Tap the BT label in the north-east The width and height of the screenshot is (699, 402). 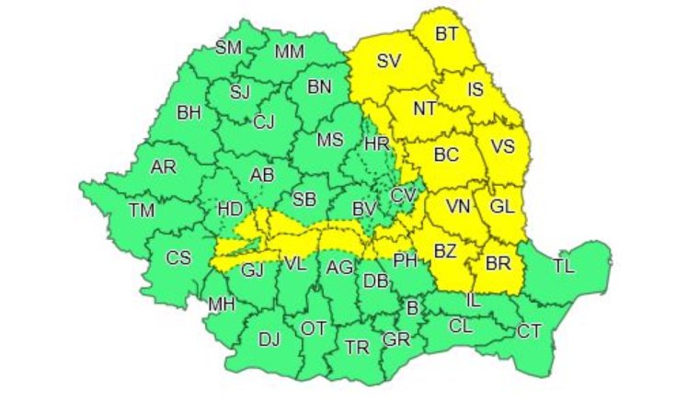[x=447, y=35]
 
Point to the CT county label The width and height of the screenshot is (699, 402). [x=529, y=330]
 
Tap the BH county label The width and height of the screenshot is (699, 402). [x=189, y=114]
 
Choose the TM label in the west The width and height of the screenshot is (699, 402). [x=142, y=210]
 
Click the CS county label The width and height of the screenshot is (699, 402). [x=178, y=258]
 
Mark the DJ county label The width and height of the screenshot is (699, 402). [x=269, y=339]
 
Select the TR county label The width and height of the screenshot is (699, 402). [x=356, y=347]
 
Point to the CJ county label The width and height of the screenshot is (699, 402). [x=264, y=121]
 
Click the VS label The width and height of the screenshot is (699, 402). [x=503, y=147]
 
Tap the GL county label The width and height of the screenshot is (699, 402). [x=502, y=208]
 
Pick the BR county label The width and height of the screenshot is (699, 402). [x=498, y=264]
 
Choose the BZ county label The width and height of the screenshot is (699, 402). [x=446, y=249]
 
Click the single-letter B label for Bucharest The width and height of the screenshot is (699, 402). [x=413, y=307]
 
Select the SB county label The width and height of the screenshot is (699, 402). [x=304, y=200]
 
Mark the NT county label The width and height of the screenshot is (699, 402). [x=424, y=109]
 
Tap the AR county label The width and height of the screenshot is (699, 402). [x=163, y=167]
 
